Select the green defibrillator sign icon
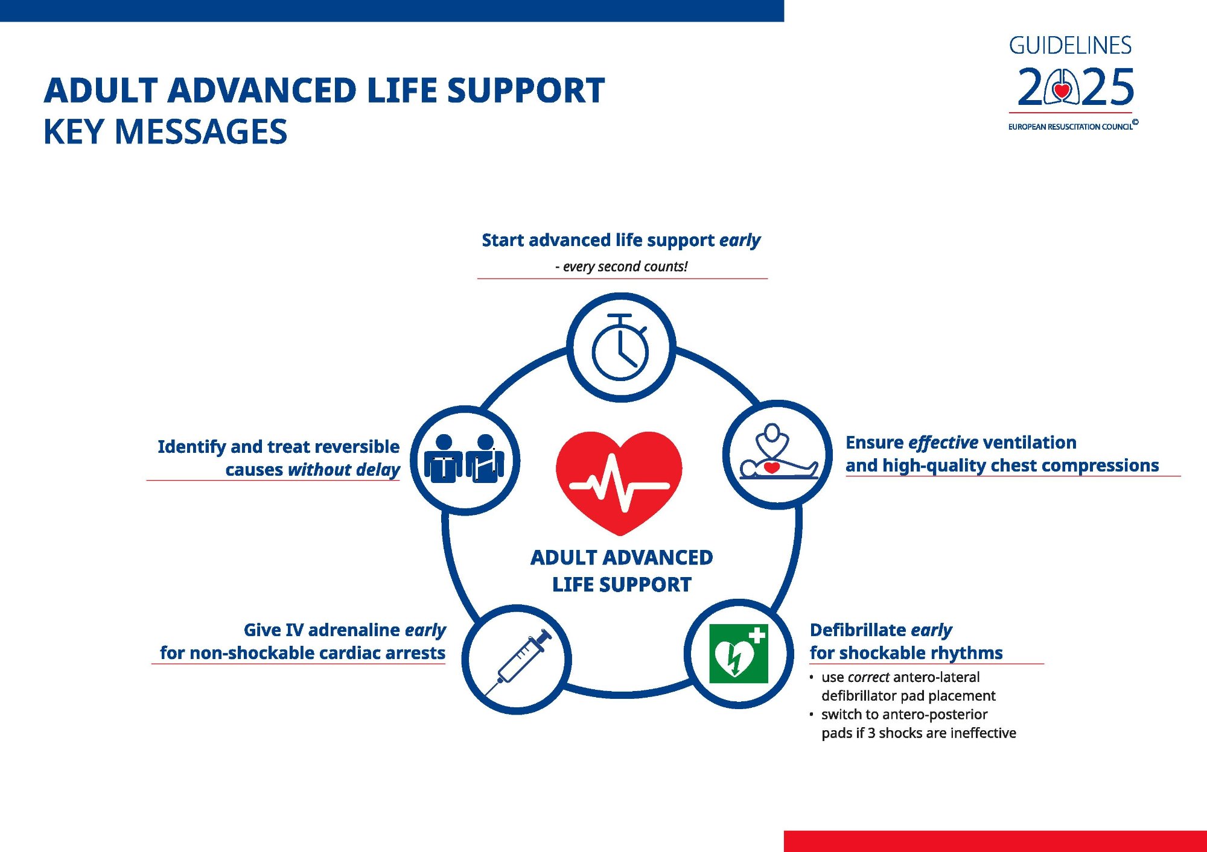738,654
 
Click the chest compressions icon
777,453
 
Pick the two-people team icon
464,460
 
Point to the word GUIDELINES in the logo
1070,46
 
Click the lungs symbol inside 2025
1062,87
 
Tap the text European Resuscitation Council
1070,127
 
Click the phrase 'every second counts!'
625,267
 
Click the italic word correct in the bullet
868,677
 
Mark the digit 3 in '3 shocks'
871,733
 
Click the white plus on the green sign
757,635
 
